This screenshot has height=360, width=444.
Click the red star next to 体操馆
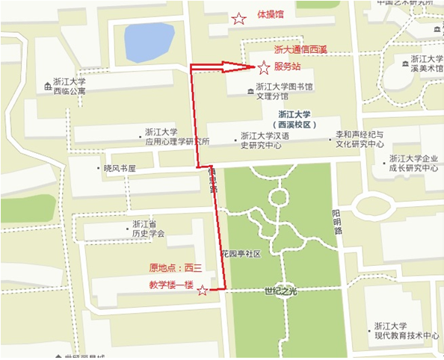pyautogui.click(x=238, y=19)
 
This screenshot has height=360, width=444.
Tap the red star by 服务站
pyautogui.click(x=263, y=69)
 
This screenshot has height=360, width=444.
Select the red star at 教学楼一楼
pyautogui.click(x=202, y=291)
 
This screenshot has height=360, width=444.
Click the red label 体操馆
pyautogui.click(x=270, y=14)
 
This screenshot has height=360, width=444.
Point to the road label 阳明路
pyautogui.click(x=337, y=222)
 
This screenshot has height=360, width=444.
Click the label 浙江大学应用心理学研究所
pyautogui.click(x=177, y=136)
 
